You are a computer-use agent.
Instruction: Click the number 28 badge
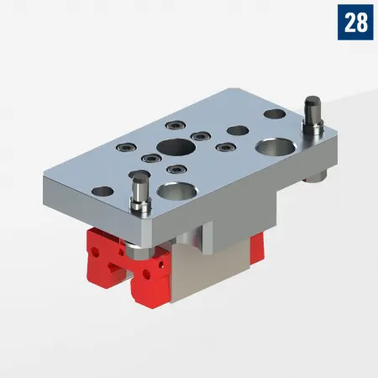pyautogui.click(x=355, y=22)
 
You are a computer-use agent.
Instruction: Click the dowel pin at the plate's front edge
pyautogui.click(x=138, y=192)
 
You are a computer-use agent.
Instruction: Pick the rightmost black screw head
pyautogui.click(x=224, y=147)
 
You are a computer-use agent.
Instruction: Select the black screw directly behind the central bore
pyautogui.click(x=199, y=136)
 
